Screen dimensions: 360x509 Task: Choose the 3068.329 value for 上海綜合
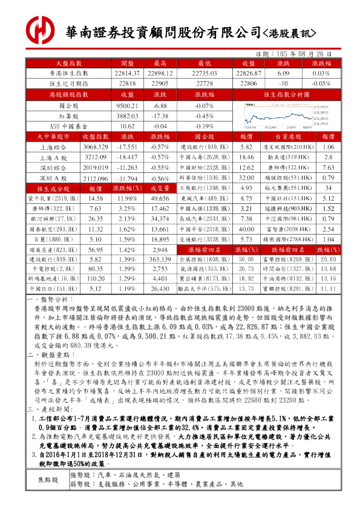click(95, 147)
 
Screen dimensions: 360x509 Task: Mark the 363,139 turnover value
click(160, 259)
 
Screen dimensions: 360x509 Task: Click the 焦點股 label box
click(48, 496)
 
